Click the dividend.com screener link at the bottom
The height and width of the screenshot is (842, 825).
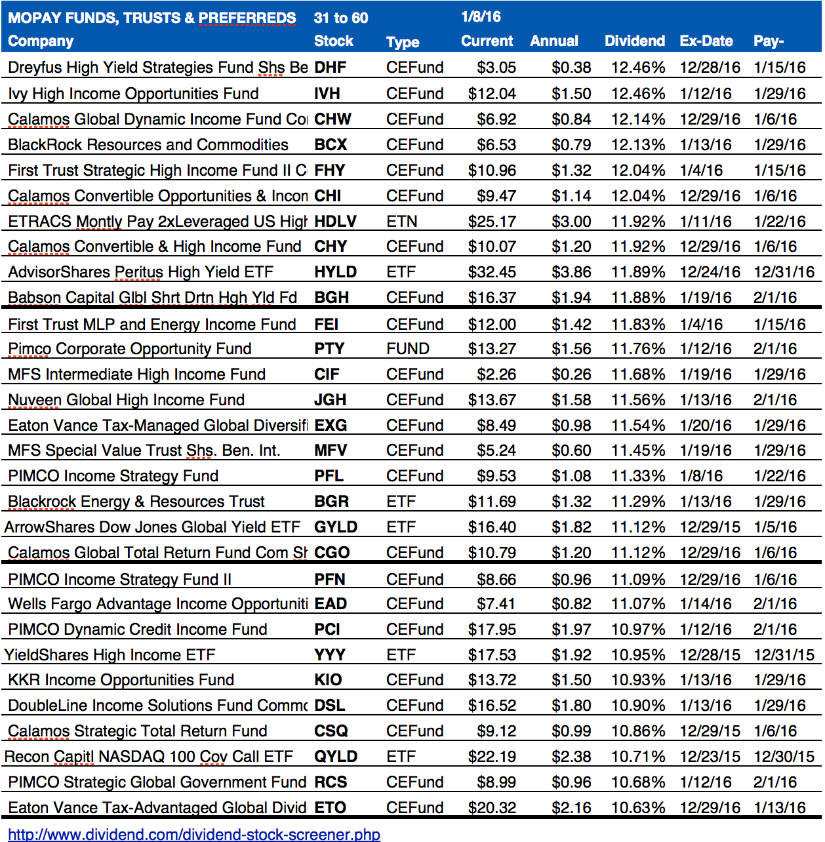(x=194, y=834)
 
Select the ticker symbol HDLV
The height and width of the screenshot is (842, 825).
(x=335, y=221)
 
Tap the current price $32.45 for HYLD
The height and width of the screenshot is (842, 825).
(x=492, y=272)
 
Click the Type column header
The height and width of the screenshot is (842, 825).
(x=403, y=42)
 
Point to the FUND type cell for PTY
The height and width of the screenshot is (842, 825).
(x=407, y=349)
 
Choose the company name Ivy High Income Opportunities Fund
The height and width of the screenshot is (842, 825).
(x=133, y=94)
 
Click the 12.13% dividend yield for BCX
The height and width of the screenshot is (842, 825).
(x=637, y=145)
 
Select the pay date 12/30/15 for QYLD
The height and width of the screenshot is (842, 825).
(x=784, y=757)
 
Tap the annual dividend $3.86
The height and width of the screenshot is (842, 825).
(x=571, y=272)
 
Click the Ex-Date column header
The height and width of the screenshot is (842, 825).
(x=706, y=41)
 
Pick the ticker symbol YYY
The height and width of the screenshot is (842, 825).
(x=329, y=655)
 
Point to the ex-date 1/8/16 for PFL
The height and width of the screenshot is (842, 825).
(x=701, y=476)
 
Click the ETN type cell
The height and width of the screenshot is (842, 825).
(x=401, y=222)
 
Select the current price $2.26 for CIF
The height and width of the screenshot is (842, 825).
(x=496, y=374)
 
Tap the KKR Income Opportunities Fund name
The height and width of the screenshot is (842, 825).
(x=121, y=680)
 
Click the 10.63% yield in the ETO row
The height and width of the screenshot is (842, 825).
(x=637, y=808)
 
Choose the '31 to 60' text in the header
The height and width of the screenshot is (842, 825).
(x=340, y=18)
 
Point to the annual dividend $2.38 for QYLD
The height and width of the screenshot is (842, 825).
(x=571, y=757)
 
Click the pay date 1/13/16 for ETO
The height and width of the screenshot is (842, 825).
(x=779, y=808)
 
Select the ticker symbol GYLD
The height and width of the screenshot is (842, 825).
(x=336, y=527)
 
